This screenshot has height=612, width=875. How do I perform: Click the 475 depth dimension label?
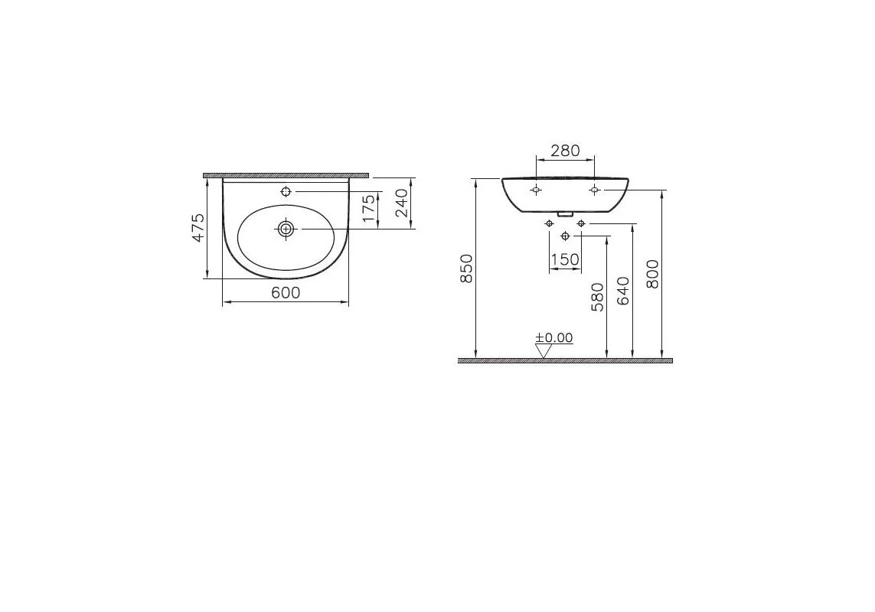(x=198, y=228)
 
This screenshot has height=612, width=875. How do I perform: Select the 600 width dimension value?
(x=286, y=292)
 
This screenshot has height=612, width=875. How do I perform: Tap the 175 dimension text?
(x=369, y=209)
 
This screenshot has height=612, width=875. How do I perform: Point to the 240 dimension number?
(x=401, y=203)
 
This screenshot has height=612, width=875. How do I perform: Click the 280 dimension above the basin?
(x=565, y=151)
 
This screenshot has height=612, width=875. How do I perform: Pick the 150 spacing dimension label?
(x=565, y=259)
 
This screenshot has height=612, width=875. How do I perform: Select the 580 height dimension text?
(x=598, y=297)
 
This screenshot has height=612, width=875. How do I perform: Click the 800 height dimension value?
(x=653, y=274)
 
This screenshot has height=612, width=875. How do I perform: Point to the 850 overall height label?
(x=467, y=268)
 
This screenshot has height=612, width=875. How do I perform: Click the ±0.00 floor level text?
(x=553, y=337)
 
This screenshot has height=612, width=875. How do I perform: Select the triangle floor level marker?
(x=544, y=350)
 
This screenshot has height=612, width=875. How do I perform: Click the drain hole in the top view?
(x=286, y=228)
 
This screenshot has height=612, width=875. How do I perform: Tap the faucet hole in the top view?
(x=286, y=191)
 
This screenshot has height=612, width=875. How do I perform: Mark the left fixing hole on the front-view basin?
(x=536, y=189)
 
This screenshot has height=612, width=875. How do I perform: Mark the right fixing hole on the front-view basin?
(x=594, y=189)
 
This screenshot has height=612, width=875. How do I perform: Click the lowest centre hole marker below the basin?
(x=565, y=235)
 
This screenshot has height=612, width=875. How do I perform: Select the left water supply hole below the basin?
(x=549, y=223)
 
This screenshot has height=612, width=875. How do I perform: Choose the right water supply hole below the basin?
(x=580, y=223)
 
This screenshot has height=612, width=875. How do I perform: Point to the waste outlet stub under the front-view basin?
(x=565, y=214)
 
